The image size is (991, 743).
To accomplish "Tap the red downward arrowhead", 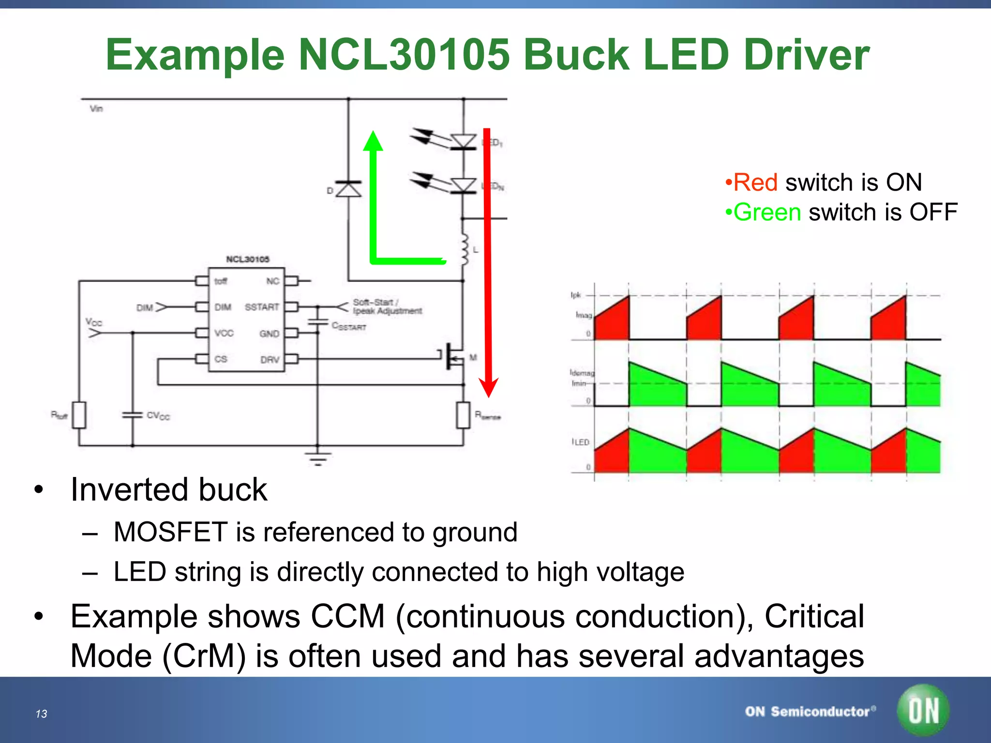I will pos(489,387).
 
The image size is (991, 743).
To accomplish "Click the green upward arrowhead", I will pos(373,141).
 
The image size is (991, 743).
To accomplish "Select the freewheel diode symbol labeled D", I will pos(348,189).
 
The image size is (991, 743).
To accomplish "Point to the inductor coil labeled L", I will pos(465,250).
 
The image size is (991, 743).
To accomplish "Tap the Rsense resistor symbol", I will pos(463,415).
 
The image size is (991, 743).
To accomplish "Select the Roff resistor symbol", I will pos(79,415).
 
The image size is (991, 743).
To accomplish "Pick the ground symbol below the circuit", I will pos(317,458).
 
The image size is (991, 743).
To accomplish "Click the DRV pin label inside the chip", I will pos(270,359).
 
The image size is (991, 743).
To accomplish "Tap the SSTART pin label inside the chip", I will pos(262,307).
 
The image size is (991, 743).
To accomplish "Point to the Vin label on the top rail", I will pos(96,108).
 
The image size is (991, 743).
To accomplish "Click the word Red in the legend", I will pos(755,182).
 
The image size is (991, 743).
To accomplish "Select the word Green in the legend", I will pos(767,212).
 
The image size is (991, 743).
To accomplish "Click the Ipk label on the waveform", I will pos(575,295).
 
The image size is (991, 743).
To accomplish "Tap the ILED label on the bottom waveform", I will pos(581,442).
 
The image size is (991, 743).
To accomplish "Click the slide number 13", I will pos(41,714).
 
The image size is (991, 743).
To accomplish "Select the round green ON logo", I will pos(923,710).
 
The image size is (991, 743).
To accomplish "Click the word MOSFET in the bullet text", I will pos(170,532).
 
